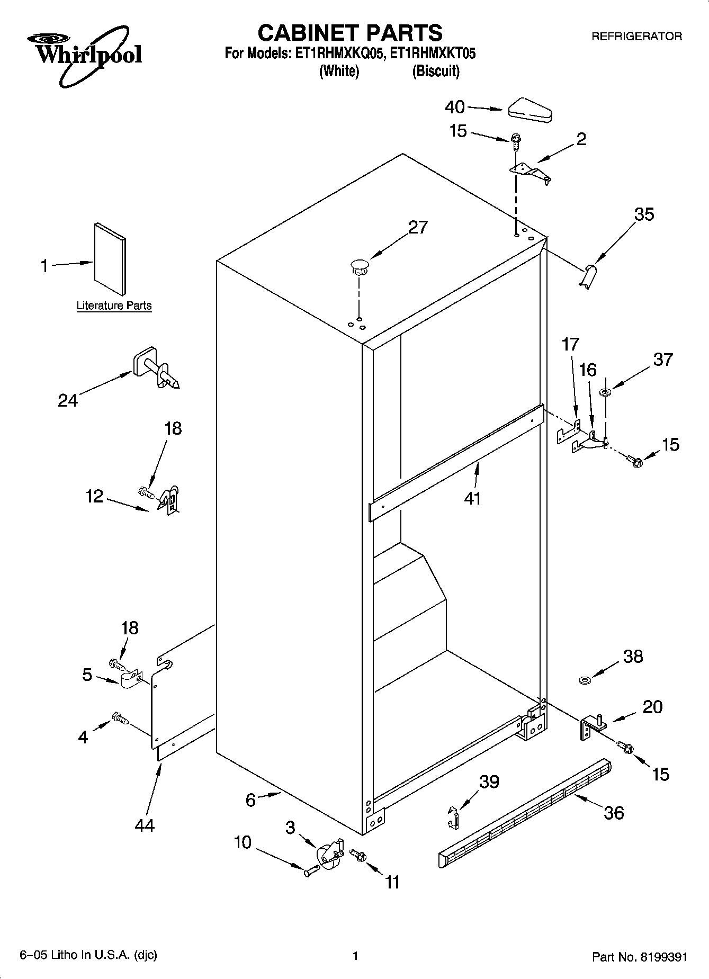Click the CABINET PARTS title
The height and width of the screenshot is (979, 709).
[349, 33]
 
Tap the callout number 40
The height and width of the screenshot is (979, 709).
[454, 107]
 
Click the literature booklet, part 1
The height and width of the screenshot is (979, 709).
[110, 258]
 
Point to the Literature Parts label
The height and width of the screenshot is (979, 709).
[114, 306]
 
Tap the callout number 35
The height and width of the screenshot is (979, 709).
[643, 214]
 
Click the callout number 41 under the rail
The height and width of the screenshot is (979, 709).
[472, 498]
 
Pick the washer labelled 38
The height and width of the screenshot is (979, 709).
[585, 679]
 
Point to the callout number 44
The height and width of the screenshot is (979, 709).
[144, 824]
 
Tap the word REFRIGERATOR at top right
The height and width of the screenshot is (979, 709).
[636, 37]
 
